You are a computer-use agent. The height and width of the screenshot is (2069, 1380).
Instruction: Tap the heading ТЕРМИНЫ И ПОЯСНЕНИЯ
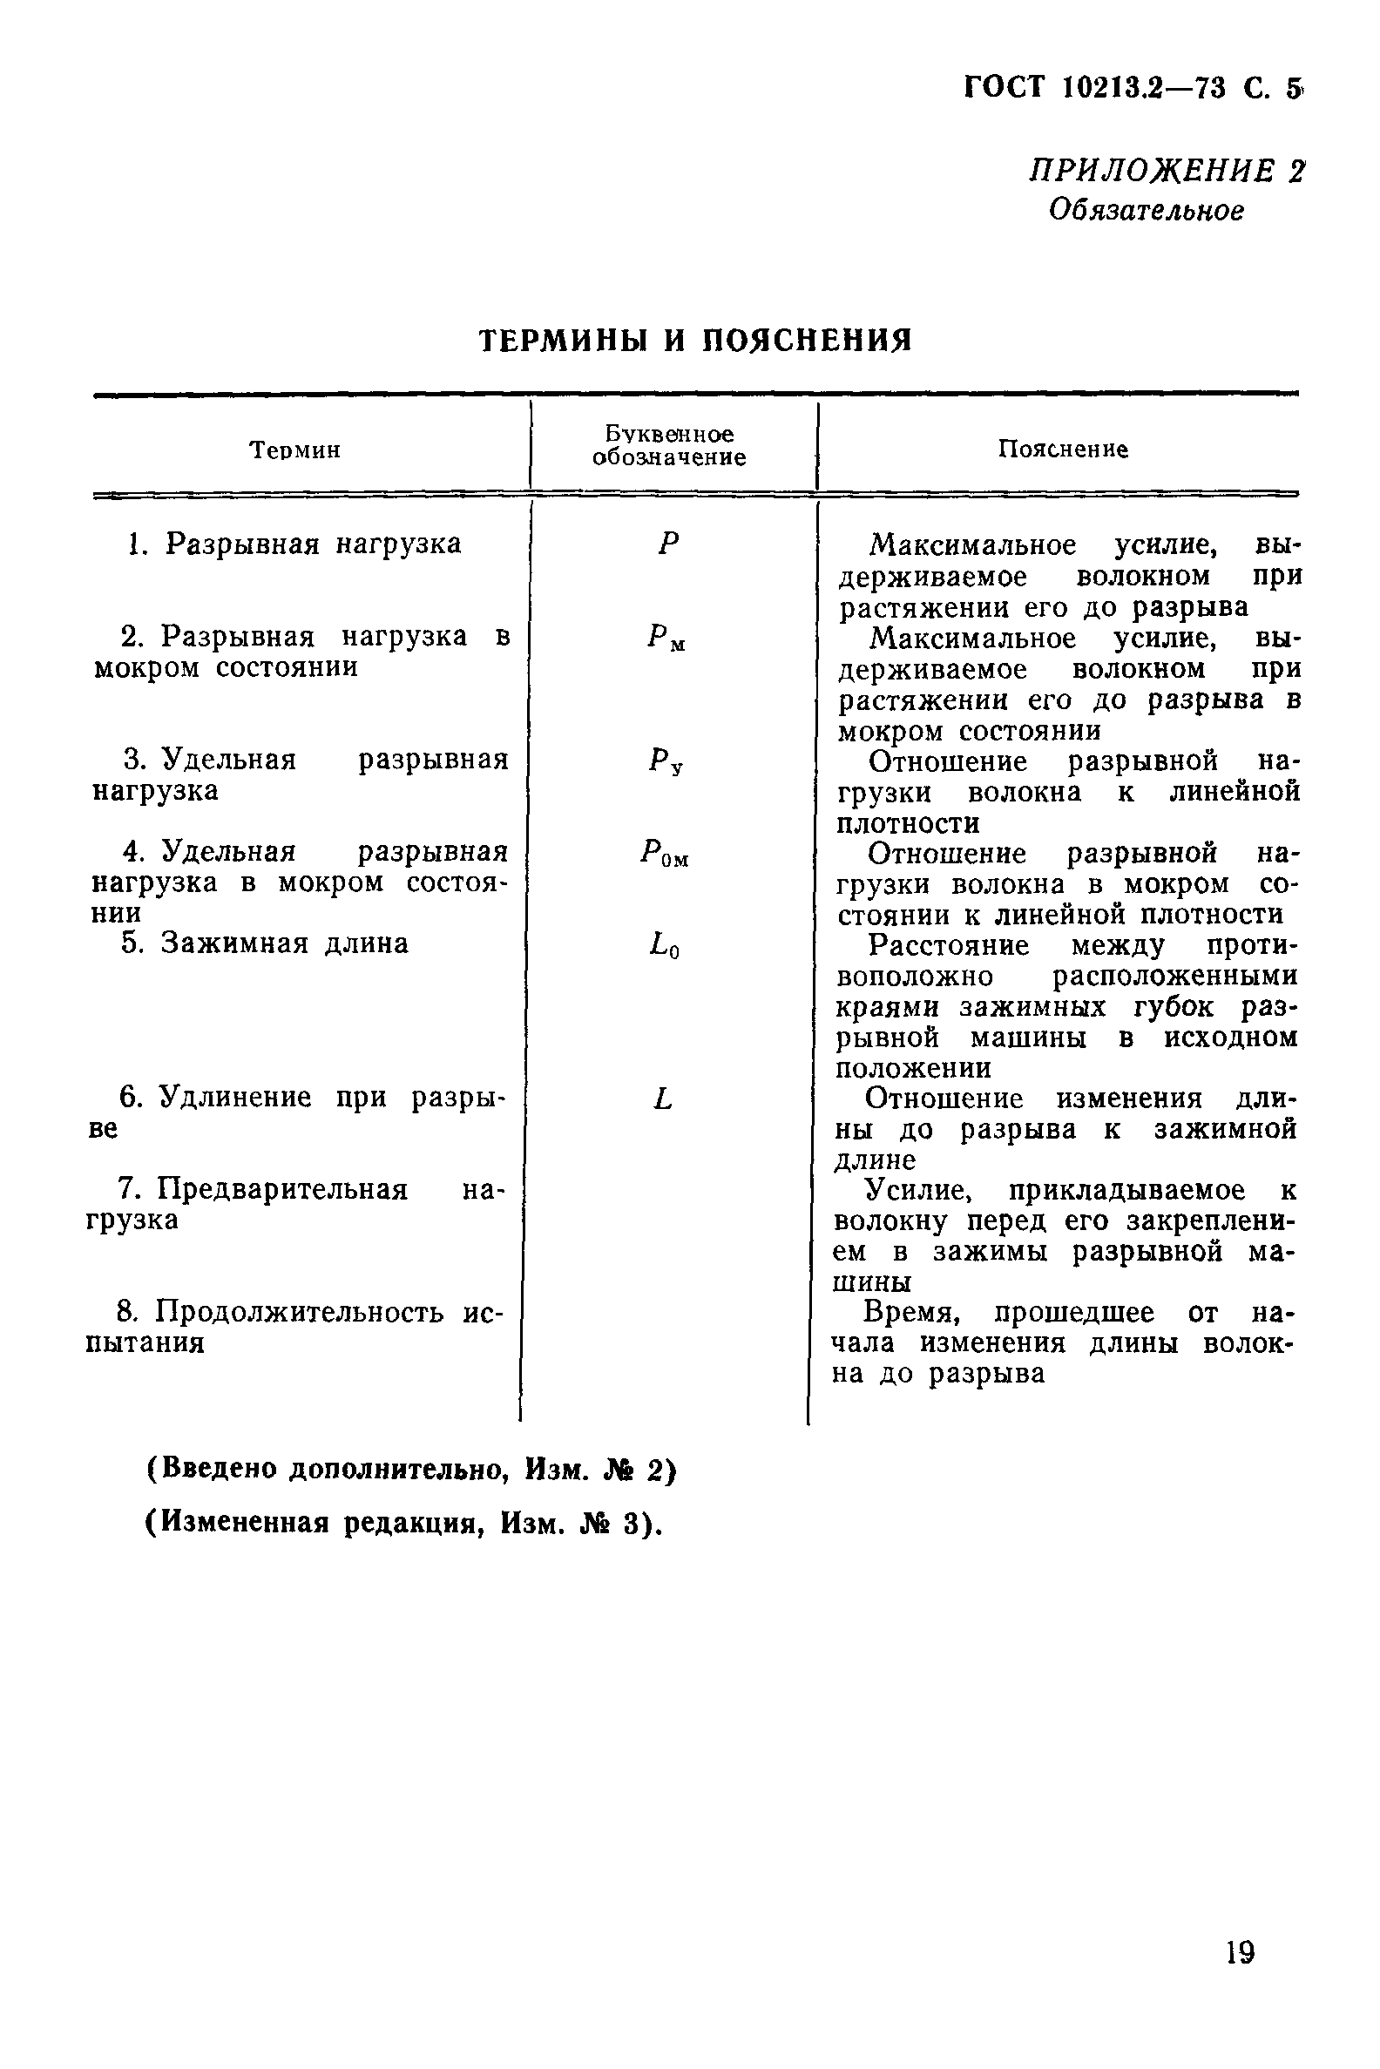pos(695,340)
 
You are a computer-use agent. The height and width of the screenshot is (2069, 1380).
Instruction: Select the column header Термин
pos(294,450)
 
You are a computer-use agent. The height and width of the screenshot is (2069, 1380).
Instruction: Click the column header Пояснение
pos(1062,450)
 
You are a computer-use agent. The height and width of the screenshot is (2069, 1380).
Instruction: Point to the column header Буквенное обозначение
pos(669,446)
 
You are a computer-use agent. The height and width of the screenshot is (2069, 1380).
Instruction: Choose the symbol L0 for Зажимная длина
pos(665,947)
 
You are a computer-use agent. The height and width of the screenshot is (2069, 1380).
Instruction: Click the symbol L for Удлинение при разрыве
pos(663,1099)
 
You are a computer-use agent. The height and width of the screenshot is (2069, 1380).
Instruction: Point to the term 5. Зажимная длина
pos(264,943)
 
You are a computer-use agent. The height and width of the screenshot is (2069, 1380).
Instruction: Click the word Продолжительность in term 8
pos(306,1312)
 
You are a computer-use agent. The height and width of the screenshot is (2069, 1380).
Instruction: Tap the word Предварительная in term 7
pos(281,1190)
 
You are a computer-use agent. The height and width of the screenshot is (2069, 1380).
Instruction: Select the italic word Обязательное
pos(1146,210)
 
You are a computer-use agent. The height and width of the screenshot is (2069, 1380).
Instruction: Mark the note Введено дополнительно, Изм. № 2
pos(410,1469)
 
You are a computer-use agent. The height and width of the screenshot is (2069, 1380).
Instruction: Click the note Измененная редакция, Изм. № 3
pos(402,1524)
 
